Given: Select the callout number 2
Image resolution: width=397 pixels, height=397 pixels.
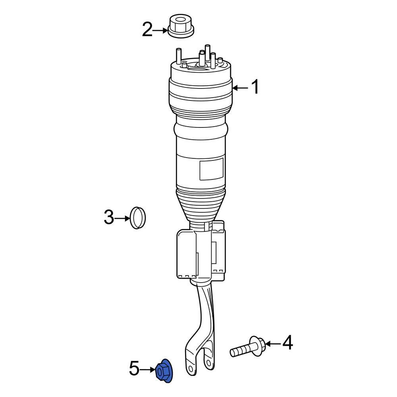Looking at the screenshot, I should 147,30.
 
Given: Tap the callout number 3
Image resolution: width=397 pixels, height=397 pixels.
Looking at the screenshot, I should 109,218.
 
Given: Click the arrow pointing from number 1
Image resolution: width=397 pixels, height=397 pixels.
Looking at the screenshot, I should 240,88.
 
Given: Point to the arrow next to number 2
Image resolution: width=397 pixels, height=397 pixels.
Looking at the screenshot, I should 160,30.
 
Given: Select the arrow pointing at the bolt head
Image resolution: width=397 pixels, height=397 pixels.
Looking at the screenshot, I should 272,343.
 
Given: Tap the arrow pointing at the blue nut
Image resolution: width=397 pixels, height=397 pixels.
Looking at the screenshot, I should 147,370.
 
